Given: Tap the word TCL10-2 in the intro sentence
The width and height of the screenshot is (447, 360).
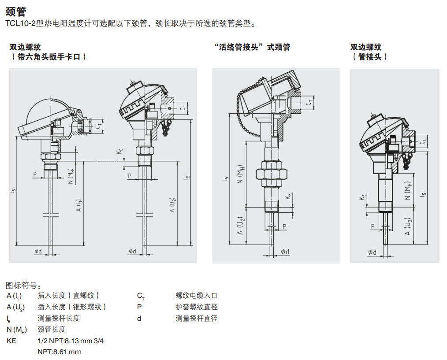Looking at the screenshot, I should click(x=22, y=24).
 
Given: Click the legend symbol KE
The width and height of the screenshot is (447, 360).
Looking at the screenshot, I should click(x=11, y=341).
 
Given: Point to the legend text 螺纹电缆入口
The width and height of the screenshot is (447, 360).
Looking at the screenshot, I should click(x=196, y=296).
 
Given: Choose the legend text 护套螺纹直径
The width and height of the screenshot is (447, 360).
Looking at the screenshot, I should click(x=196, y=307).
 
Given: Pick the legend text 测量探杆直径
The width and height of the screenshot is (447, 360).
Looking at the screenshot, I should click(x=196, y=318).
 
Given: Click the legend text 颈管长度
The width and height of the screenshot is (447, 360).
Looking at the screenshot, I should click(x=52, y=329).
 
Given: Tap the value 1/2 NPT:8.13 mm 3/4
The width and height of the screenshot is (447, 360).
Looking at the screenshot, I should click(x=71, y=341).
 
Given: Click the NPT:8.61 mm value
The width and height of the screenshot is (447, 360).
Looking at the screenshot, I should click(x=59, y=352).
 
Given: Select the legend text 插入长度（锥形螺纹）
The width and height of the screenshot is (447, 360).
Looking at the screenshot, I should click(x=72, y=307).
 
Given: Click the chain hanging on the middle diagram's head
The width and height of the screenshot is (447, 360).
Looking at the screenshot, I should click(x=240, y=106).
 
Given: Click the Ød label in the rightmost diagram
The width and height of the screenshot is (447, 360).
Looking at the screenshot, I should click(x=372, y=252).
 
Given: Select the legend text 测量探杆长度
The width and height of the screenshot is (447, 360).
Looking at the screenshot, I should click(x=59, y=318).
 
